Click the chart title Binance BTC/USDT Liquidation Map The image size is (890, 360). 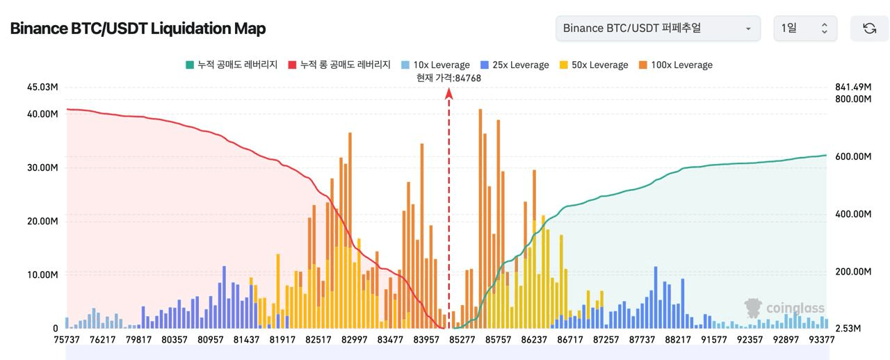click(x=138, y=28)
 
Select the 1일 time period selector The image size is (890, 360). click(x=805, y=28)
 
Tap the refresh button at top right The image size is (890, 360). click(x=869, y=28)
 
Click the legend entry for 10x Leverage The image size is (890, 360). click(x=435, y=65)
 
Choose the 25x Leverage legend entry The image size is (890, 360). click(x=515, y=65)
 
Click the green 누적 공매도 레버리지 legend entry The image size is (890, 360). click(x=232, y=65)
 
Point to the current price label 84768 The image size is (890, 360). click(x=448, y=78)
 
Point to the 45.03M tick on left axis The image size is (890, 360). click(x=42, y=87)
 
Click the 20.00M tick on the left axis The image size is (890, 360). click(x=42, y=221)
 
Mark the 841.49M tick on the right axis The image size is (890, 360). click(x=853, y=87)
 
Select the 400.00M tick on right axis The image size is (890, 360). click(x=853, y=214)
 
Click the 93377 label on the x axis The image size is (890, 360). click(x=823, y=340)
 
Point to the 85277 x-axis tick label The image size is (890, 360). click(x=462, y=340)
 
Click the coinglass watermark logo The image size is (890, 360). click(x=785, y=308)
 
